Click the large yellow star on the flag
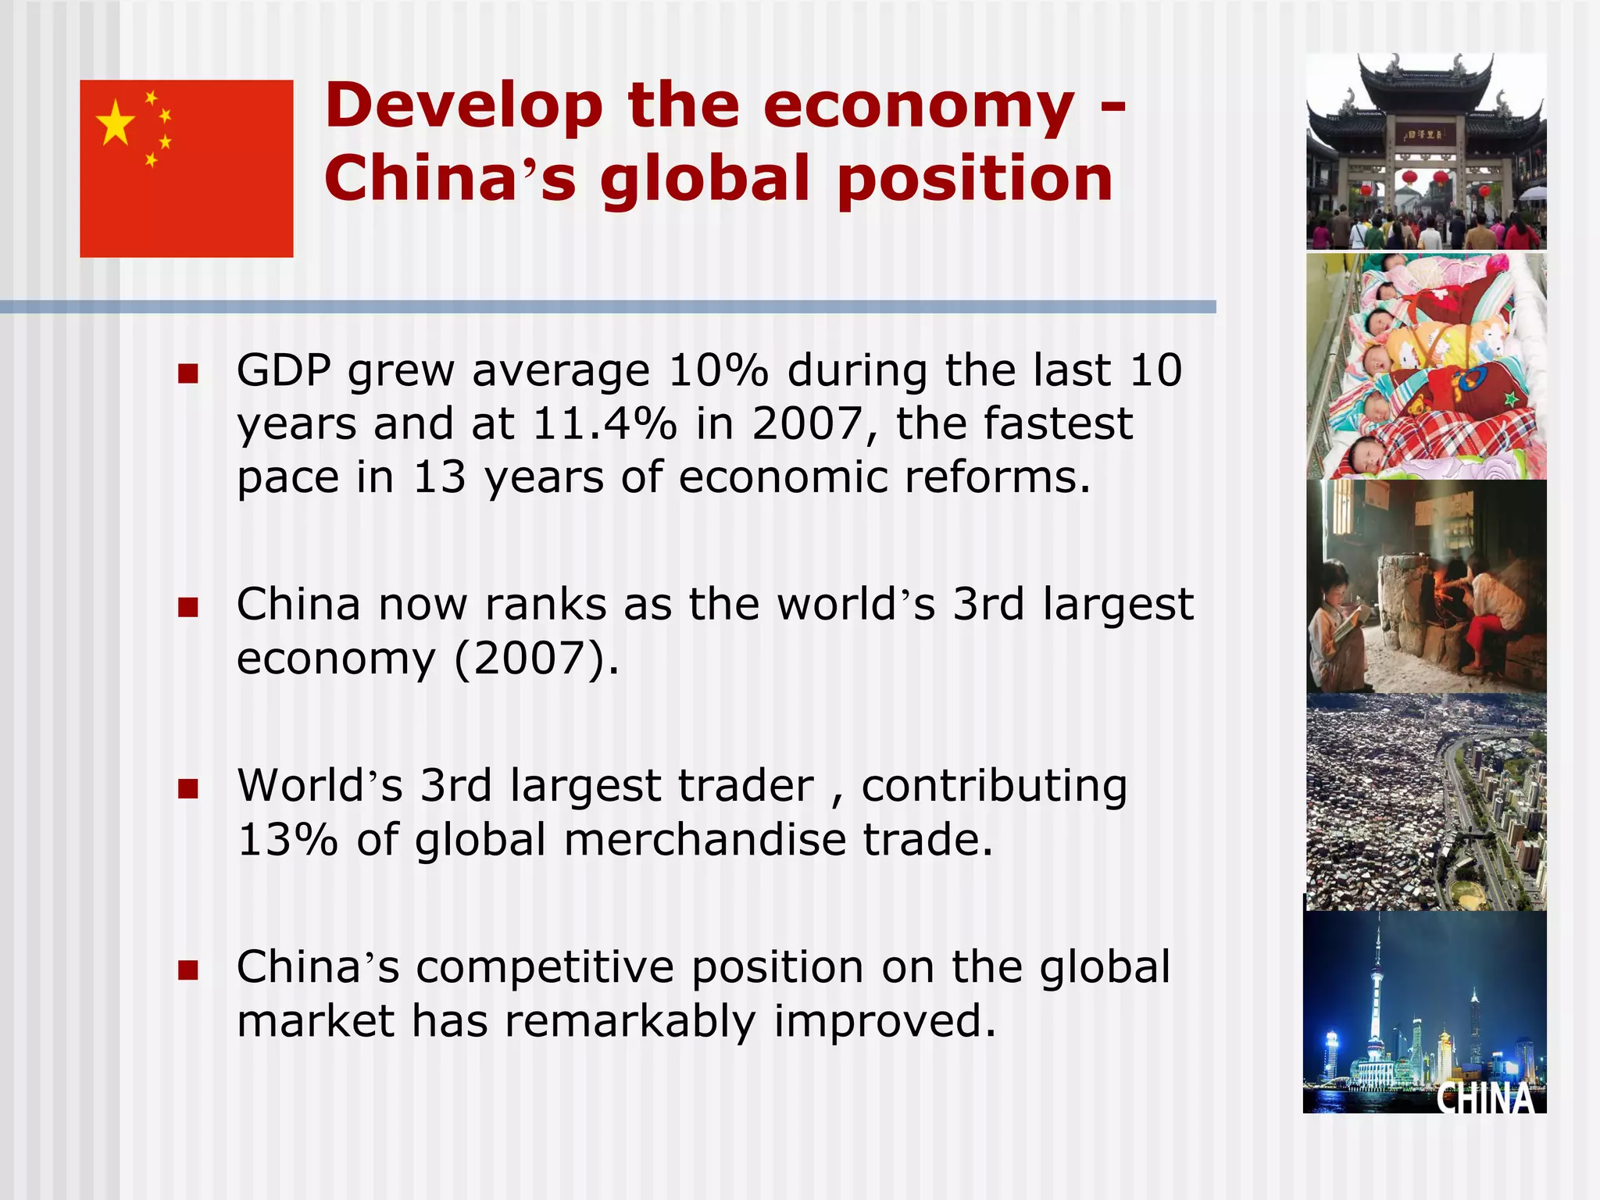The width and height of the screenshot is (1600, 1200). pyautogui.click(x=116, y=122)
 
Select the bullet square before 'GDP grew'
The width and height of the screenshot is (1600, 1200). pyautogui.click(x=187, y=374)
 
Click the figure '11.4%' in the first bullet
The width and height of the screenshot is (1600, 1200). pyautogui.click(x=605, y=424)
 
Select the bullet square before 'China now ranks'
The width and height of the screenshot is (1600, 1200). pyautogui.click(x=187, y=608)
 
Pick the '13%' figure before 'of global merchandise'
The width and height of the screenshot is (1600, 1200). pyautogui.click(x=287, y=840)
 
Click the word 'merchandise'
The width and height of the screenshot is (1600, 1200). pyautogui.click(x=705, y=840)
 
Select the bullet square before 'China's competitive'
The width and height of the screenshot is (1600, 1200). pyautogui.click(x=187, y=971)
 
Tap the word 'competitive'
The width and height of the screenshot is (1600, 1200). pyautogui.click(x=545, y=968)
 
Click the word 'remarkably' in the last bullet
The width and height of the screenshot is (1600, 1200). pyautogui.click(x=630, y=1022)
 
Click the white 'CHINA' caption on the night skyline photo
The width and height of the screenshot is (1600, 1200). pyautogui.click(x=1485, y=1097)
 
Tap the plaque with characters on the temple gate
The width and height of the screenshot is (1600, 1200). pyautogui.click(x=1426, y=135)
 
